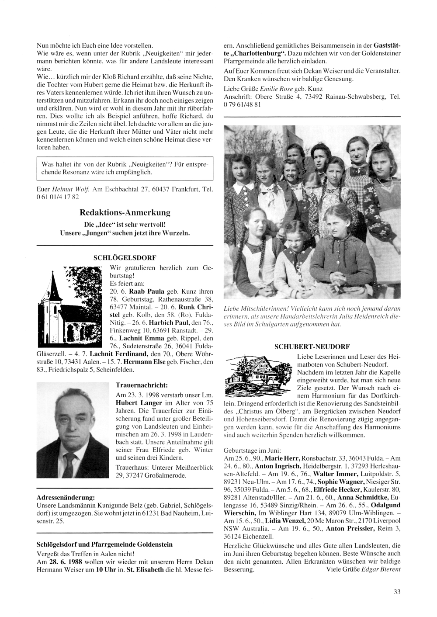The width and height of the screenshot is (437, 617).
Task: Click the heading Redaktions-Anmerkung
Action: [125, 213]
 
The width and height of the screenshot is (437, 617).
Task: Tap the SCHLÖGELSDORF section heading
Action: [125, 258]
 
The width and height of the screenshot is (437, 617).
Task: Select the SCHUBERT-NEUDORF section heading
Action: [312, 347]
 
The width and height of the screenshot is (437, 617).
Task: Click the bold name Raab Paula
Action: [145, 291]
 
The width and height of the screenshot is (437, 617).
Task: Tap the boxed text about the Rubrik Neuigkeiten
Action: [125, 168]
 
